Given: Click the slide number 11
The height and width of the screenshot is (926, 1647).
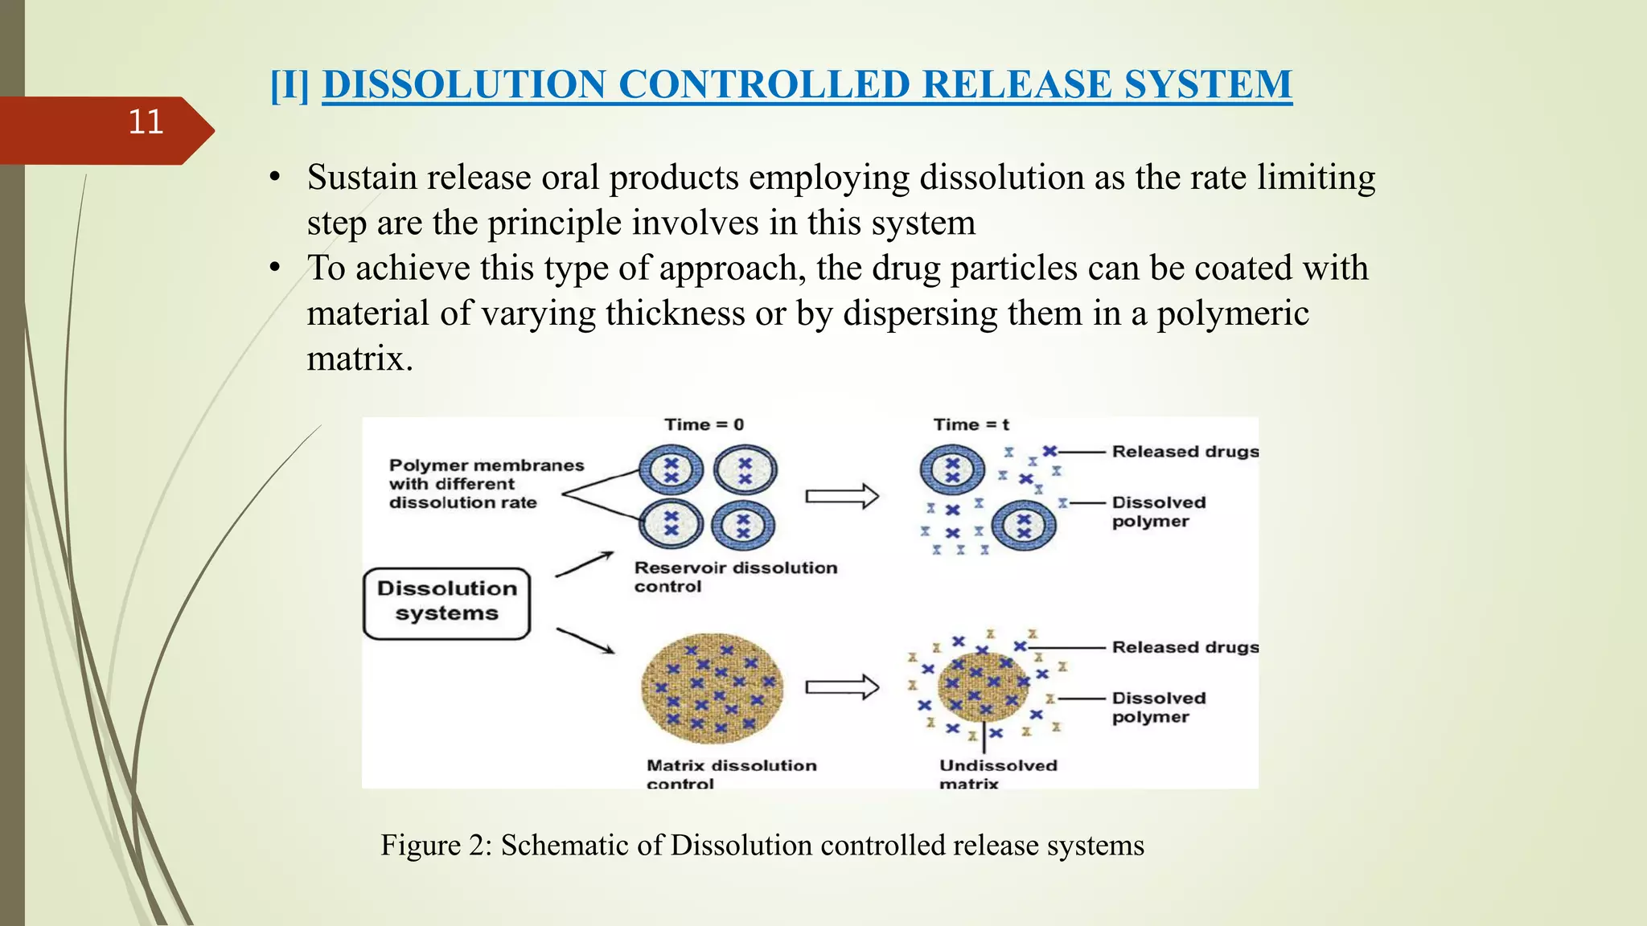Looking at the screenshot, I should (146, 122).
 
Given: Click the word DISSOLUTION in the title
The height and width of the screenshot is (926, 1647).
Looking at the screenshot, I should (464, 84).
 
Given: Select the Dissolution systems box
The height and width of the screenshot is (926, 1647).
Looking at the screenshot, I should (447, 603).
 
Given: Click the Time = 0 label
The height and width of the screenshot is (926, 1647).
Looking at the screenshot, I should (704, 424).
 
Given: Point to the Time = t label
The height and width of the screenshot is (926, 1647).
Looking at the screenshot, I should (971, 424).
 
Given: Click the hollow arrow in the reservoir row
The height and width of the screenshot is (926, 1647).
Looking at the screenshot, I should (841, 496).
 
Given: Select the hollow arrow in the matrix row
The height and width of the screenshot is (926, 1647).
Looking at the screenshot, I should (841, 687).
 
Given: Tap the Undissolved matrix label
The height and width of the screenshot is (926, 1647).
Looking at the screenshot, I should (997, 774).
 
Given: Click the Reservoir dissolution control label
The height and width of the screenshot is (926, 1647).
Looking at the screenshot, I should (734, 576).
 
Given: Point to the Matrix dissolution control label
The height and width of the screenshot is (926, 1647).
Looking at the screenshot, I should (730, 774).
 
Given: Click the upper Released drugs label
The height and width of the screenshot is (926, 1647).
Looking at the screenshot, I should (1185, 452).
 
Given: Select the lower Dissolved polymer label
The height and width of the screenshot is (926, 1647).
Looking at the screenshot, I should (1158, 707).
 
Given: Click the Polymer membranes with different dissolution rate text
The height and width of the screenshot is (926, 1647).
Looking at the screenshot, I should (485, 484).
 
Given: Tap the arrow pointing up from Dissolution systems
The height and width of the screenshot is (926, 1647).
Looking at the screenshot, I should (585, 564).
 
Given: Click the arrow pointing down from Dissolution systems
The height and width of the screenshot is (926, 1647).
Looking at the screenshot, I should (585, 641).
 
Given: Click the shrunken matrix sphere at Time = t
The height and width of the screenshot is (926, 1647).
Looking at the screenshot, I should (983, 687).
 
